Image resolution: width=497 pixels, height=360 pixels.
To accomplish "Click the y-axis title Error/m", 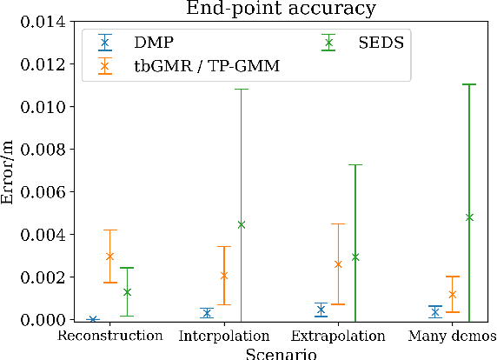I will point(10,171).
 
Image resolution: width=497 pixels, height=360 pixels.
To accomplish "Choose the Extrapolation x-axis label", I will point(338,335).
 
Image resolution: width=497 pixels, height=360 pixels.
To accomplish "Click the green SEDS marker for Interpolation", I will point(242,224).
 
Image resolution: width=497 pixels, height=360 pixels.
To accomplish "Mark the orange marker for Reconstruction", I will point(110,257).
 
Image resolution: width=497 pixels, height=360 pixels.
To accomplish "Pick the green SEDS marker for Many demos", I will point(469,217).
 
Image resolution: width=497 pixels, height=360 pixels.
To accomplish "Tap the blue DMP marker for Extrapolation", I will point(321,310).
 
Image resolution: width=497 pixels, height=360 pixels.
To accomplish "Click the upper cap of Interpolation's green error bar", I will point(242,90).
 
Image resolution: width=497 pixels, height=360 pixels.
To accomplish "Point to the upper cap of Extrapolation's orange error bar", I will point(338,224).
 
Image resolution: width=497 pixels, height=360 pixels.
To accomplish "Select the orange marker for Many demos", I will point(452,295).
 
